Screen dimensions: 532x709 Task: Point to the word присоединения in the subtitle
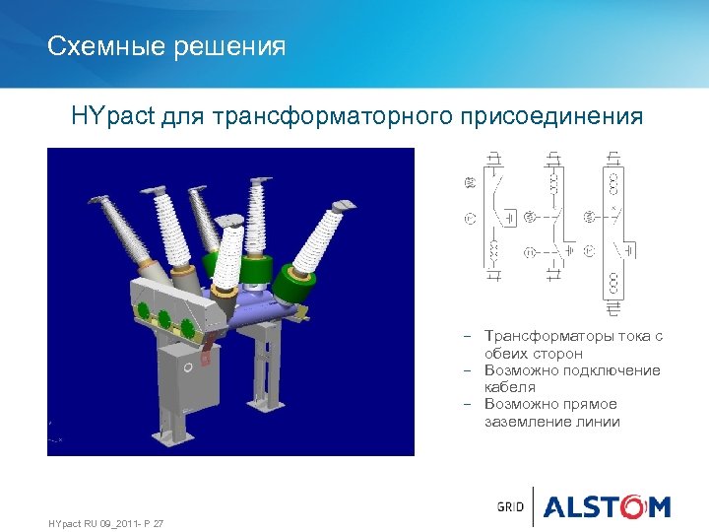pyautogui.click(x=551, y=117)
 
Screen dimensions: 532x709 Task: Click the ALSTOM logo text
pyautogui.click(x=607, y=507)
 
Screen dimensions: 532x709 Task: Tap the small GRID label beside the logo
pyautogui.click(x=509, y=507)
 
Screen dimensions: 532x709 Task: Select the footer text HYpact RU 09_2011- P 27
pyautogui.click(x=105, y=522)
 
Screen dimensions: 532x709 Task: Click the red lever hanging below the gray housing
pyautogui.click(x=206, y=346)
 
